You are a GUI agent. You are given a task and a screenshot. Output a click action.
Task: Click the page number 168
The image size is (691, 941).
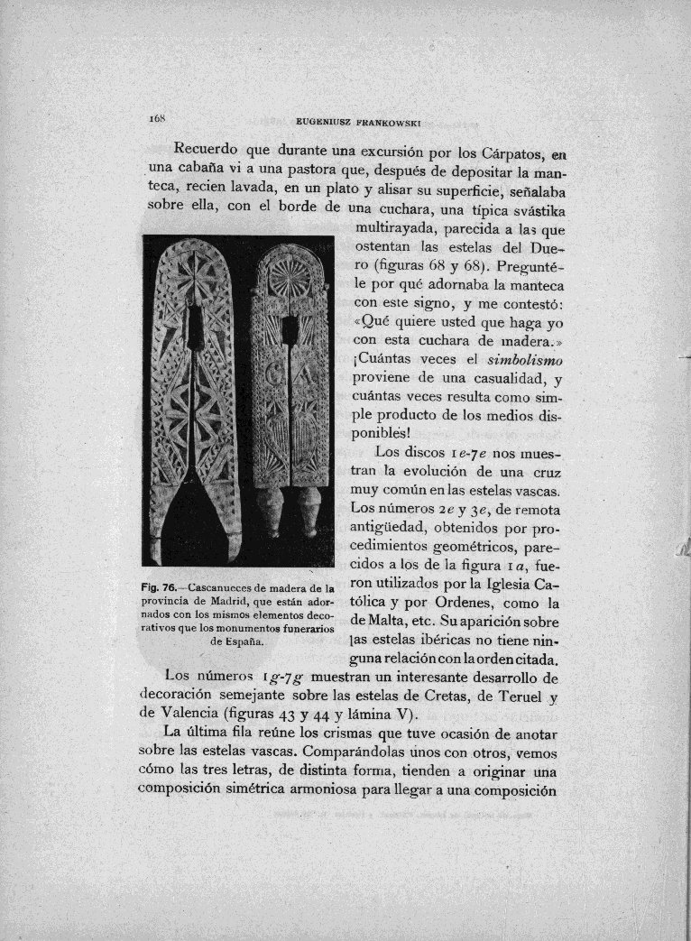click(x=149, y=118)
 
